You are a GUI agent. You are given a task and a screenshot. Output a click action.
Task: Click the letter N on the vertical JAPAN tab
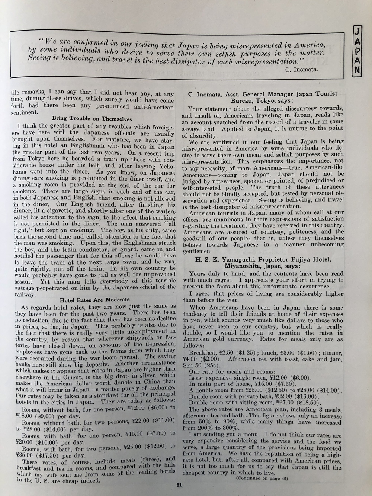pyautogui.click(x=357, y=70)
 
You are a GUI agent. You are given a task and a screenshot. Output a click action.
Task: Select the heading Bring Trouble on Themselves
pyautogui.click(x=92, y=119)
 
